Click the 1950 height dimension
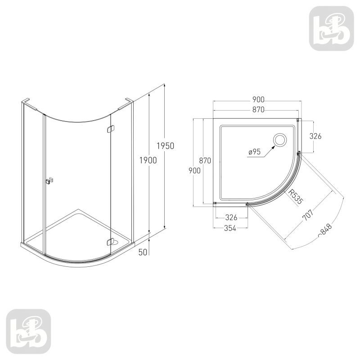[x=166, y=146]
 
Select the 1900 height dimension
[x=148, y=160]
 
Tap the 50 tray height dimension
[x=143, y=252]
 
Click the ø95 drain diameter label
[x=254, y=152]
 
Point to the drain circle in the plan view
[x=279, y=139]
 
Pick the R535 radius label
[x=296, y=197]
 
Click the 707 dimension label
[x=308, y=215]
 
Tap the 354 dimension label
[x=230, y=228]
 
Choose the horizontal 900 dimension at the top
[x=258, y=99]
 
